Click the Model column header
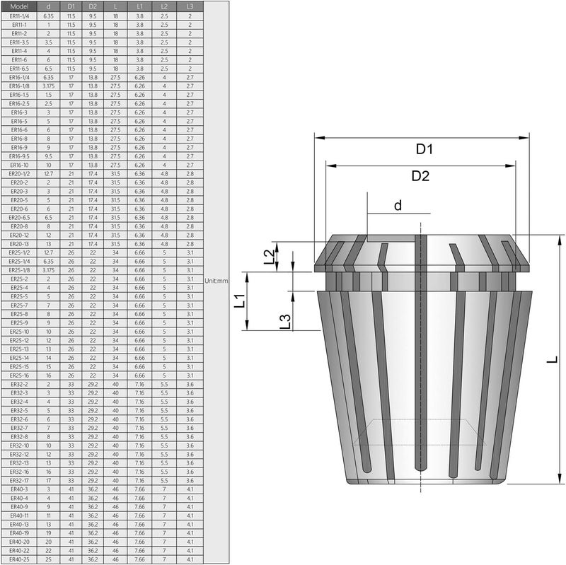click(19, 6)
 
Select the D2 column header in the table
click(93, 6)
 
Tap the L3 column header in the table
click(190, 6)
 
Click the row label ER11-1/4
click(19, 16)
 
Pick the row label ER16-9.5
click(19, 156)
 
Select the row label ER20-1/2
click(19, 173)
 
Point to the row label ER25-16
click(19, 375)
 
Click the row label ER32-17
click(19, 480)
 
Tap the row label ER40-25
click(19, 559)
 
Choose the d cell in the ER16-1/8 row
click(49, 86)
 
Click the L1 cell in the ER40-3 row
click(139, 489)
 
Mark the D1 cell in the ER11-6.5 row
click(71, 69)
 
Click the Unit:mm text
click(216, 281)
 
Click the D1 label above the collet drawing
click(424, 149)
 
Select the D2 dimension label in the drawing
click(421, 176)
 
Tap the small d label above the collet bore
click(398, 206)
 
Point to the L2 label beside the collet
click(268, 258)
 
